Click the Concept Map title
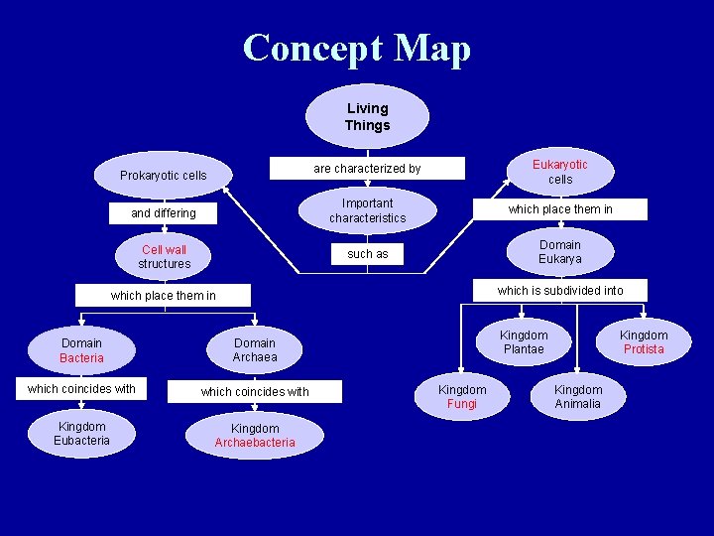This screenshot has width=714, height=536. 357,49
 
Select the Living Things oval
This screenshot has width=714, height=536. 367,117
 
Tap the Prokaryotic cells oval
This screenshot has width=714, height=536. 164,176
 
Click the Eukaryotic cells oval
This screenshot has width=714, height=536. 560,172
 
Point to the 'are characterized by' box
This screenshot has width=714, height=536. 367,169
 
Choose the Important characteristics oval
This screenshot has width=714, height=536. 367,210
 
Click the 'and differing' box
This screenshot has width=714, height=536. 164,213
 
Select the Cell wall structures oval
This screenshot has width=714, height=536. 164,256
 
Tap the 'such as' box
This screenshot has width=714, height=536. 367,254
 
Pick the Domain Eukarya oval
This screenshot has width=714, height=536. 560,252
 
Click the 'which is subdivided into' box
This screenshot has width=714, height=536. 560,291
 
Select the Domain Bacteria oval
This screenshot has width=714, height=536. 81,350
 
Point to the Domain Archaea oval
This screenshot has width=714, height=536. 255,350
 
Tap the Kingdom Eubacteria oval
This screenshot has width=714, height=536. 81,434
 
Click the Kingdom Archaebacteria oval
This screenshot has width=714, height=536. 255,436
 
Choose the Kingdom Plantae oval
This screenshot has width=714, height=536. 523,342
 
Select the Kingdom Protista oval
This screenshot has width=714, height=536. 644,342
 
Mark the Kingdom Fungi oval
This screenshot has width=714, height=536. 462,397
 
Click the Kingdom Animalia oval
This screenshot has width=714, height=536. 578,397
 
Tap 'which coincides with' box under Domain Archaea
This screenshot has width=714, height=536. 255,392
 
